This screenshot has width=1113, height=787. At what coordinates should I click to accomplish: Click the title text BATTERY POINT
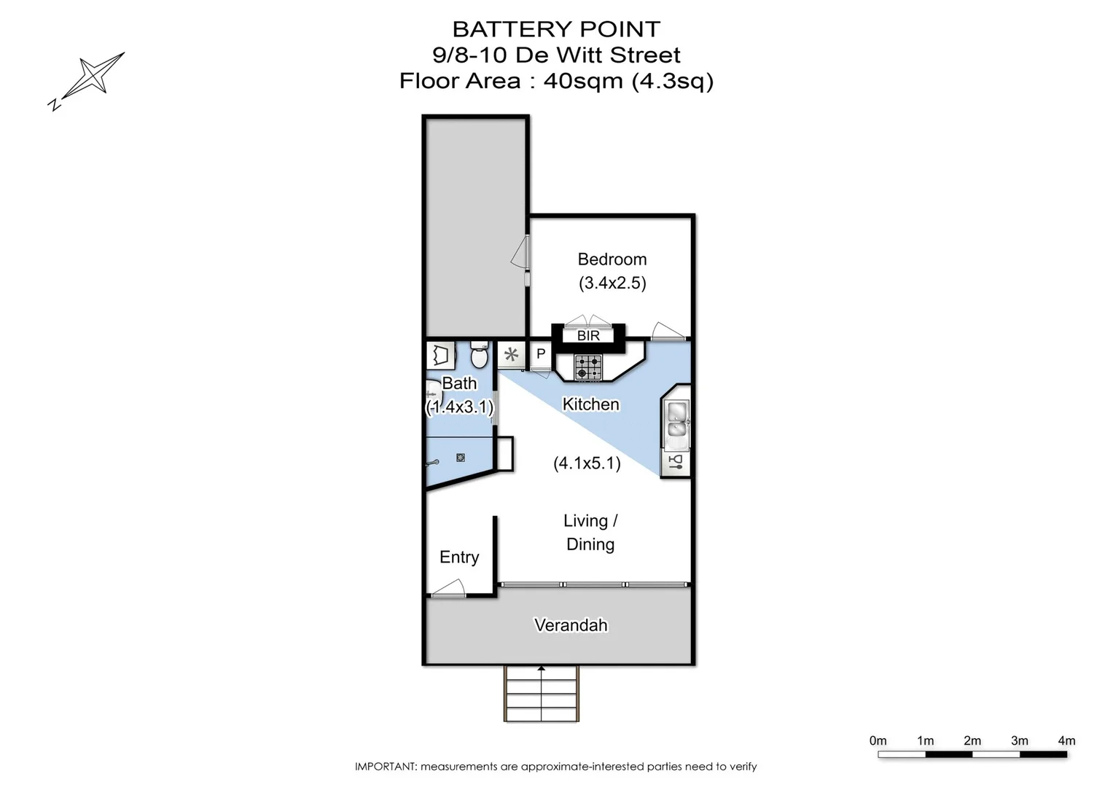tap(556, 29)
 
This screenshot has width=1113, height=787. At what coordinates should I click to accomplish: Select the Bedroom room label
tap(612, 259)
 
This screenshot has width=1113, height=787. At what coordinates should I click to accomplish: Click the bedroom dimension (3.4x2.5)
tap(612, 283)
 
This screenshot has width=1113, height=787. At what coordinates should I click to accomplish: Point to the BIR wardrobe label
tap(588, 336)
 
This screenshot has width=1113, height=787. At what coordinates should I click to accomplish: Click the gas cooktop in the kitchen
tap(588, 367)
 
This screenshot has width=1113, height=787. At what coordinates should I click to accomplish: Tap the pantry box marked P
tap(541, 355)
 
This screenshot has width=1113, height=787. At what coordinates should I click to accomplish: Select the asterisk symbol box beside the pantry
tap(511, 355)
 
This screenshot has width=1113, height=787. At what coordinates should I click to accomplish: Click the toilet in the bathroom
tap(479, 356)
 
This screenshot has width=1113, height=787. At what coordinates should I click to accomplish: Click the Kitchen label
tap(590, 404)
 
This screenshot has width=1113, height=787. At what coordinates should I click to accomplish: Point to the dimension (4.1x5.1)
tap(587, 463)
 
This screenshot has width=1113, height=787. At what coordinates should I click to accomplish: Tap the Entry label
tap(459, 557)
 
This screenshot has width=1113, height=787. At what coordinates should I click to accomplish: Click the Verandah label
tap(571, 625)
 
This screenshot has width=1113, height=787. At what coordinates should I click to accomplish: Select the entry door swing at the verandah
tap(448, 589)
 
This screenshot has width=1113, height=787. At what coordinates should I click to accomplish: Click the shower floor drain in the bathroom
tap(461, 458)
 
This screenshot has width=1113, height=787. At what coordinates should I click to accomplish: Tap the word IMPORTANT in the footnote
tap(385, 767)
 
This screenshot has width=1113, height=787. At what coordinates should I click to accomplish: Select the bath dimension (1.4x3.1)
tap(459, 407)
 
